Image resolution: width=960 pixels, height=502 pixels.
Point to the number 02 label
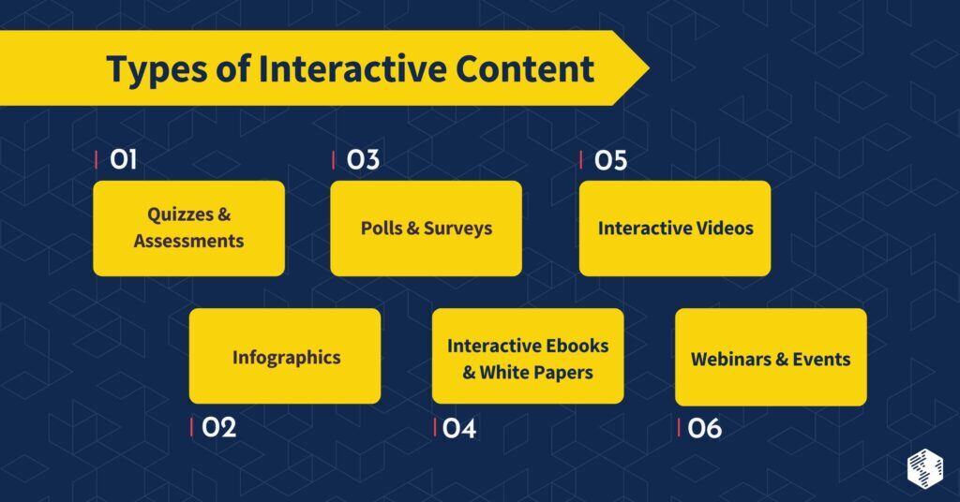218,428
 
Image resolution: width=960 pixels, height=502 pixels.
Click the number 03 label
362,160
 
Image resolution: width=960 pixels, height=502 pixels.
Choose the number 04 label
459,428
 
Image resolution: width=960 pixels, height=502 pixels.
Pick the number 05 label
610,160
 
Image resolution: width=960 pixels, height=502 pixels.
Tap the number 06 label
704,428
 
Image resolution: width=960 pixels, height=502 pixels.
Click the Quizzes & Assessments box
188,228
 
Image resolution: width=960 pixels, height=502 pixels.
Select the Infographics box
285,356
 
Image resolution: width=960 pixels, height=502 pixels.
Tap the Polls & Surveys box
426,228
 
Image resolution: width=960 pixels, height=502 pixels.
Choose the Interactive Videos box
675,228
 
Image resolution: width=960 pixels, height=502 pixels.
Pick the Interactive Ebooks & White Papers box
528,356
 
